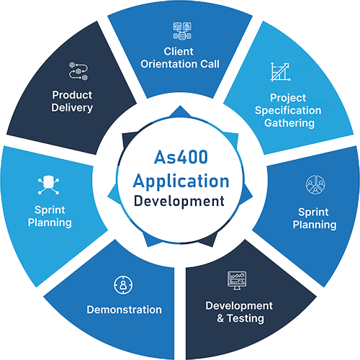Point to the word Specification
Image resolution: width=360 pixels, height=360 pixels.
click(288, 111)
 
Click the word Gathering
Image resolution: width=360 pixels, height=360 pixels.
click(288, 123)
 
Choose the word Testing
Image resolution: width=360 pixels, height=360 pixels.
click(243, 318)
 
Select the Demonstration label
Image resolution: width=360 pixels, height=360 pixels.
click(124, 310)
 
